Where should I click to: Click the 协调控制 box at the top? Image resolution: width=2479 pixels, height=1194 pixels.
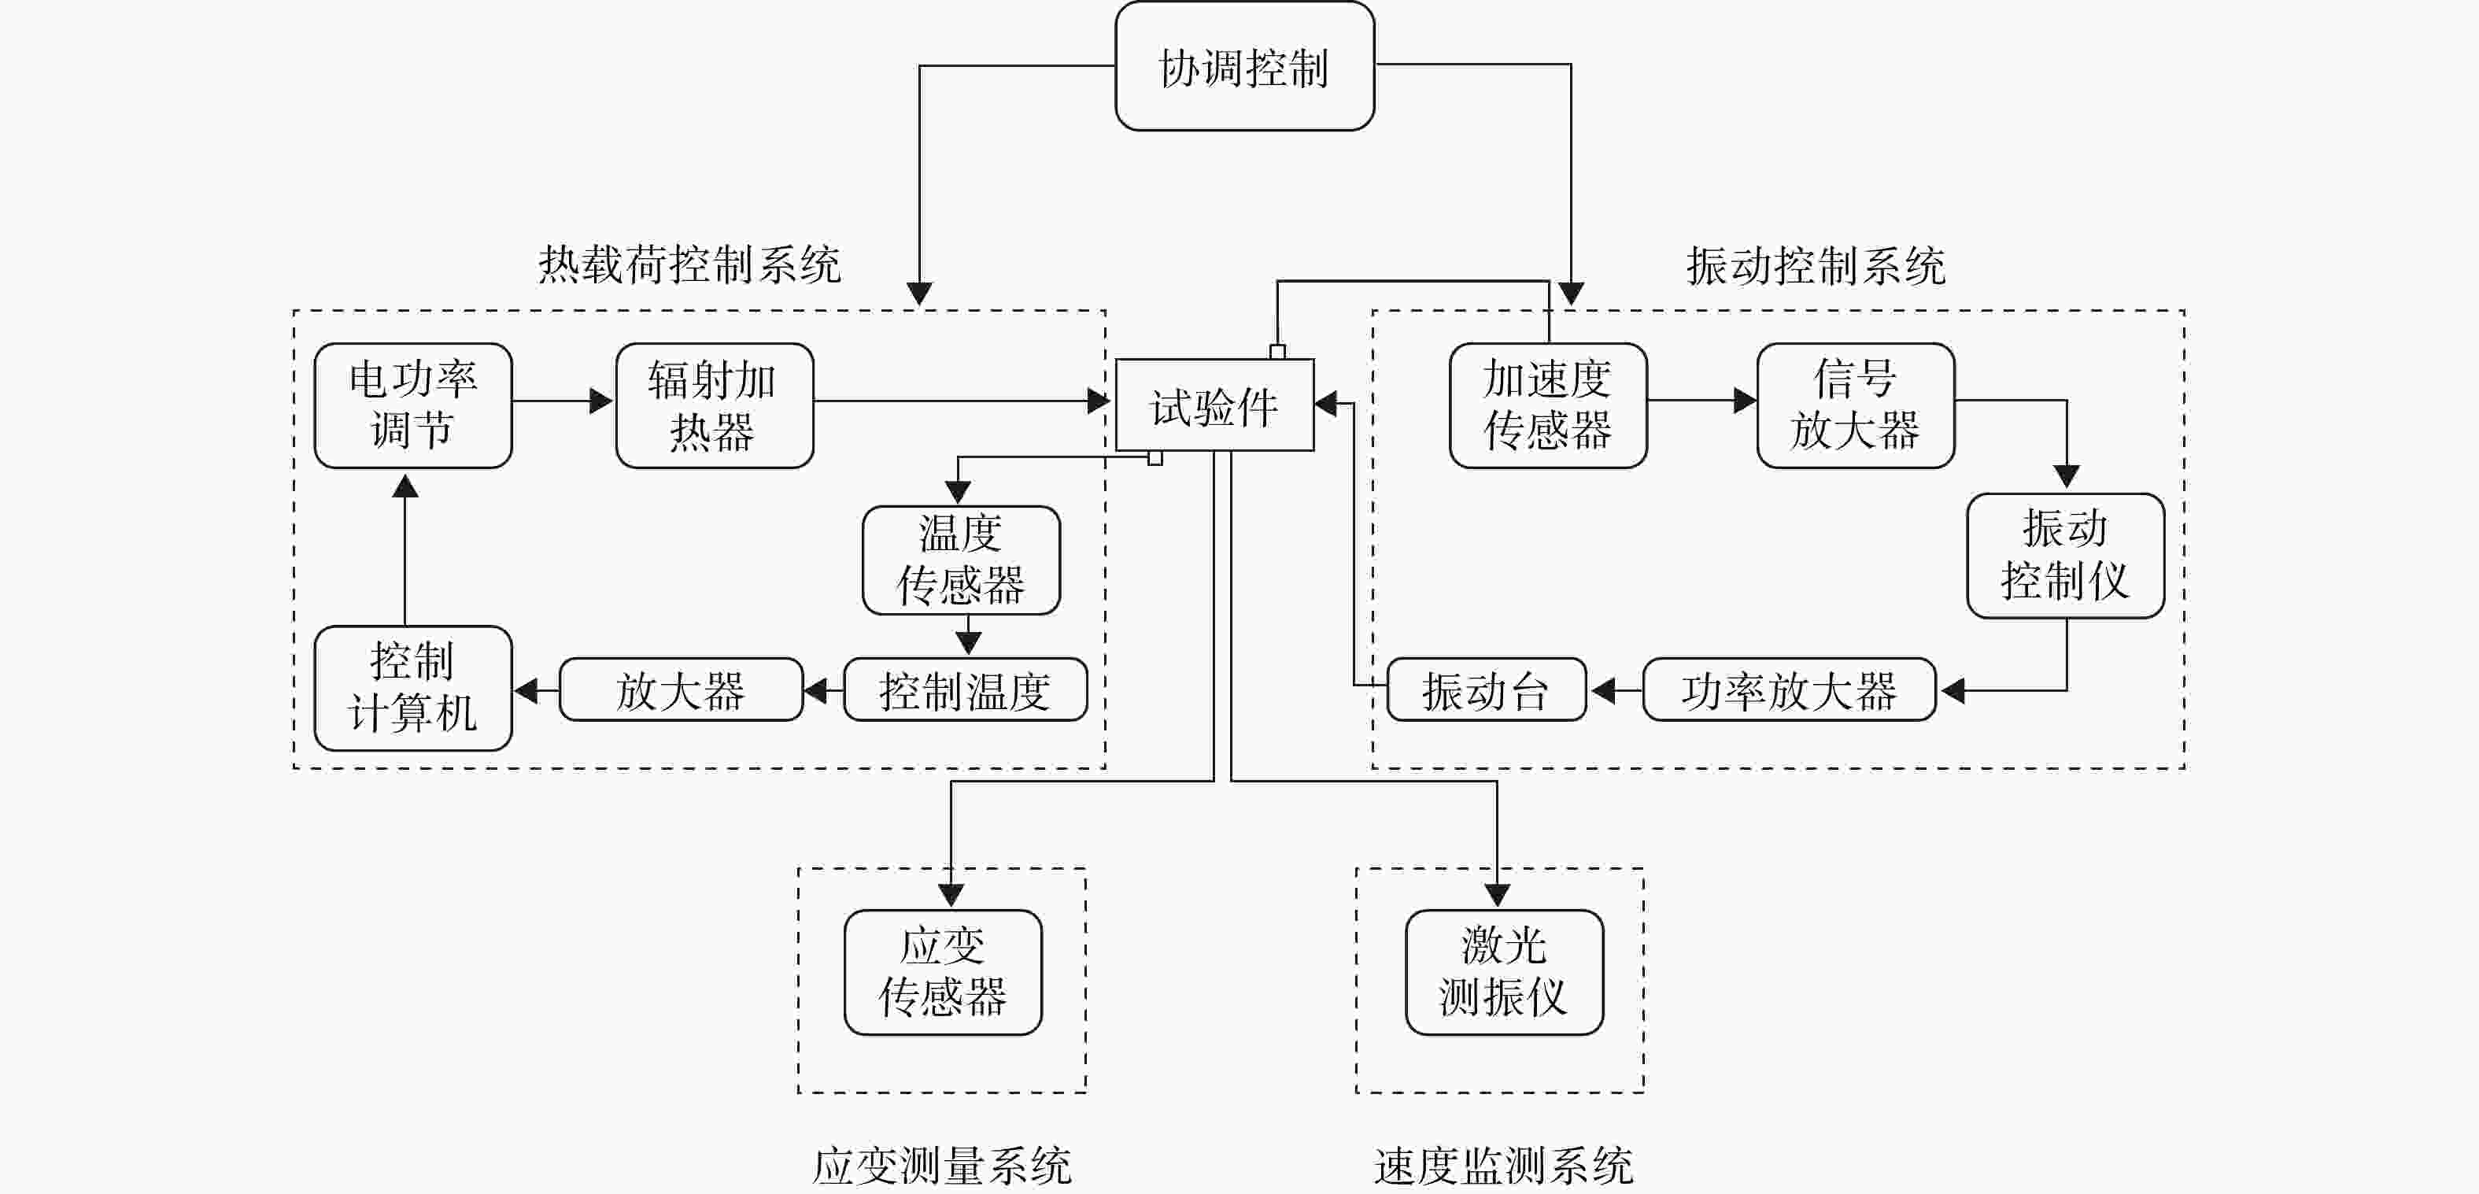point(1244,65)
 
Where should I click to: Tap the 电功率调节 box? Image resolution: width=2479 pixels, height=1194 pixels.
point(413,405)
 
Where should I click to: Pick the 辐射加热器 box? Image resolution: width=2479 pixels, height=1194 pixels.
point(714,405)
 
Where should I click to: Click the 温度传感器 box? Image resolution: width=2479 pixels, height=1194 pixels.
point(962,560)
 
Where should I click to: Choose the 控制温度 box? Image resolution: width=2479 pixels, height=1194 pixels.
point(965,689)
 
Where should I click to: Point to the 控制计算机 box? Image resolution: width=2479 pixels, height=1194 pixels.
point(413,688)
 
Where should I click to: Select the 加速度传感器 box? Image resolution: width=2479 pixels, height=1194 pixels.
point(1549,405)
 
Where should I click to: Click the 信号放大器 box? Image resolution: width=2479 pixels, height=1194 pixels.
point(1856,405)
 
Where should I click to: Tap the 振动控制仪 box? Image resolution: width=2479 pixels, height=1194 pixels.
point(2065,555)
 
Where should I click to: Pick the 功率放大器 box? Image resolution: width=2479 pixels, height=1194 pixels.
point(1789,689)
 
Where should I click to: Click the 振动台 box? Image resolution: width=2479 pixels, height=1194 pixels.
point(1486,689)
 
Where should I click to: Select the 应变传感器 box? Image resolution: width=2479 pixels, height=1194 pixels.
point(943,972)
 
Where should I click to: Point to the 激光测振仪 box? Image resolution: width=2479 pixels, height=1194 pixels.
point(1504,972)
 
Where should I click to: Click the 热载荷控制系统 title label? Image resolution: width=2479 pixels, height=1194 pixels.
point(689,264)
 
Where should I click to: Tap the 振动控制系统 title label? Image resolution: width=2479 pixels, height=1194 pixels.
point(1816,264)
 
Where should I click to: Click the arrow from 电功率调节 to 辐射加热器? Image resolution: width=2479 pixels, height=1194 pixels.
point(563,401)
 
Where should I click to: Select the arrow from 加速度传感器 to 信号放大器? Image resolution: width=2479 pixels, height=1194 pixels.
point(1701,401)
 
